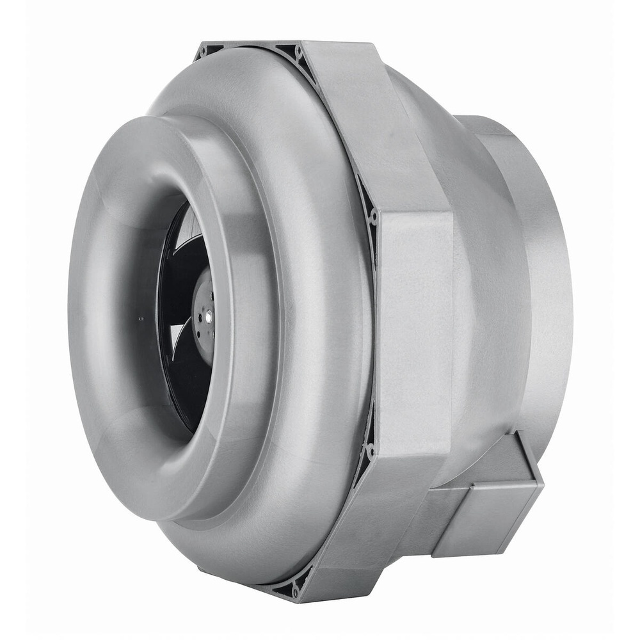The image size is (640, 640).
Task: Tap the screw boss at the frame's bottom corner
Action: (x=296, y=591)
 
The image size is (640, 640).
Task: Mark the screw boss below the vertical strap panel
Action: (x=371, y=451)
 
